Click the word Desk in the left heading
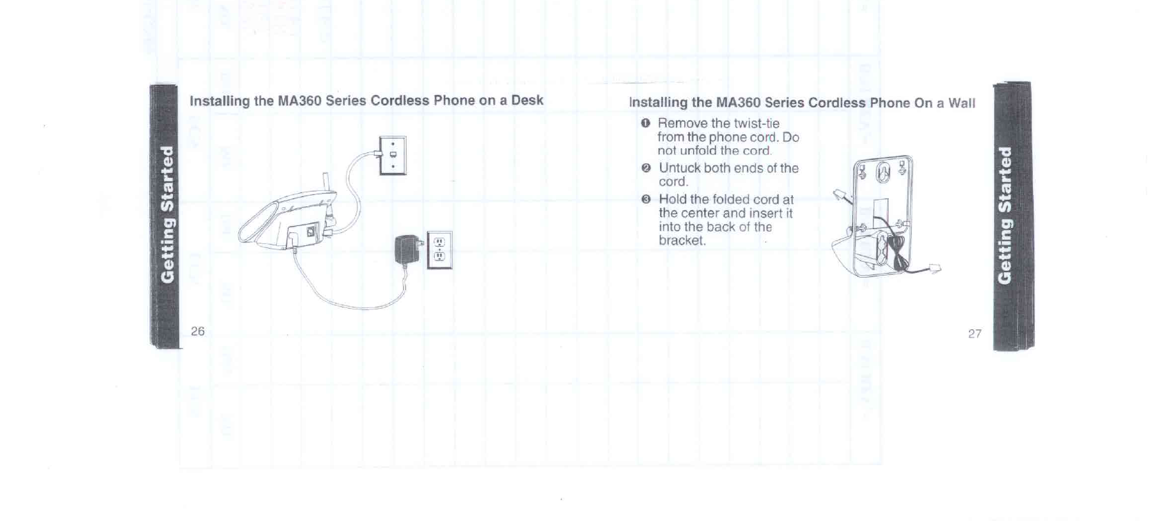[527, 100]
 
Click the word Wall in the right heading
[962, 103]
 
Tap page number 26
[198, 331]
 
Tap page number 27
[974, 334]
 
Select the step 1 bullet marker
[645, 123]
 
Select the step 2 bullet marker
[646, 168]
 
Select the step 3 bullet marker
[646, 200]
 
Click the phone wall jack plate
[393, 155]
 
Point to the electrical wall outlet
[440, 250]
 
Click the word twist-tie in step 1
[757, 123]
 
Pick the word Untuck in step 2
[679, 168]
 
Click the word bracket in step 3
[681, 241]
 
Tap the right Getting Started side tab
[1007, 214]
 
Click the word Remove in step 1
[682, 123]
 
